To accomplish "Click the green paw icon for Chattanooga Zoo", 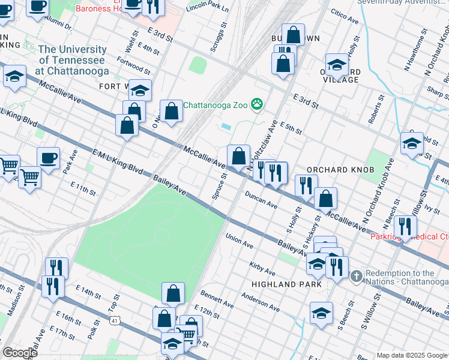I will coord(257,104).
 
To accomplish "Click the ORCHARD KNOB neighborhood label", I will coord(336,170).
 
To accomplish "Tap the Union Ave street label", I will coord(240,241).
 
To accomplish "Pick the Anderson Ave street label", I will coord(261,302).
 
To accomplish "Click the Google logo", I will coord(20,353).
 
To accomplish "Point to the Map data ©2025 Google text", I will coord(411,355).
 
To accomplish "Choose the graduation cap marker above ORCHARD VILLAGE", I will coord(337,65).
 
